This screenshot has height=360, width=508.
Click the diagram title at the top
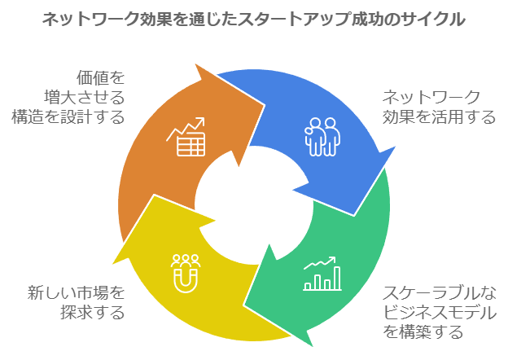click(254, 19)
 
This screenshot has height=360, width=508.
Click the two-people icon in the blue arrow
click(322, 137)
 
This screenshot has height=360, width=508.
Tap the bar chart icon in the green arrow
click(322, 274)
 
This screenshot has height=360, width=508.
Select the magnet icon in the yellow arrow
click(186, 273)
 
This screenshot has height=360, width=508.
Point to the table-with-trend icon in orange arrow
click(186, 137)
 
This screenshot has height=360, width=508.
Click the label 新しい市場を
click(77, 292)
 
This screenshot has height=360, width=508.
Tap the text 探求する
click(93, 312)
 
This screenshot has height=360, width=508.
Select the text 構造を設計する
click(68, 117)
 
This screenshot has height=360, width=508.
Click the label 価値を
click(101, 77)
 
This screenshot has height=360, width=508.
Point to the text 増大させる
click(85, 97)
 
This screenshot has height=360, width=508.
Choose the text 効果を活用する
click(439, 117)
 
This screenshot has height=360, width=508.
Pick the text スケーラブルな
click(440, 292)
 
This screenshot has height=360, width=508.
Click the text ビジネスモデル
click(440, 312)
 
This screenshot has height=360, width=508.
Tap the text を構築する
click(423, 331)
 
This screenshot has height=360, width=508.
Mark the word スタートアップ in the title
click(294, 19)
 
